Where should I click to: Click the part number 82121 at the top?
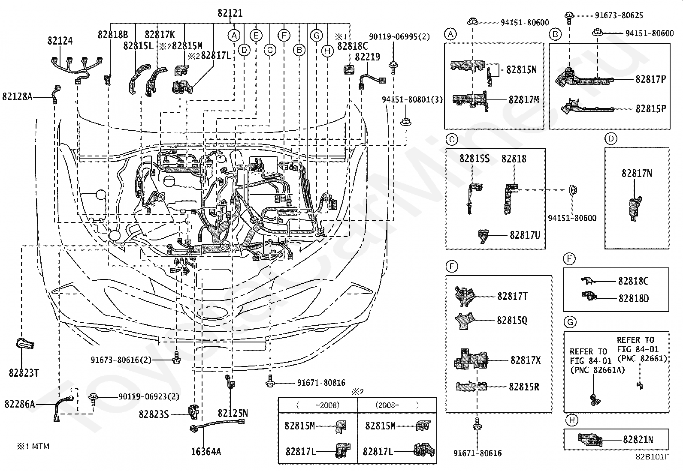click(x=230, y=13)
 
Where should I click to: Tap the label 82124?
click(x=60, y=41)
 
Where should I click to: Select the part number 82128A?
click(x=17, y=97)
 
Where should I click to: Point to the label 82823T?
click(x=24, y=373)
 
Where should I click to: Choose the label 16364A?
click(x=206, y=451)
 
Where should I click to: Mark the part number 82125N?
click(x=233, y=413)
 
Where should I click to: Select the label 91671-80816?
click(x=321, y=383)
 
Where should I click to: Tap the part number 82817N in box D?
click(x=637, y=174)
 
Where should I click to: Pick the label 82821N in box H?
click(x=638, y=439)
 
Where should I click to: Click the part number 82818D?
click(x=633, y=298)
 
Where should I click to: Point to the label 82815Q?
click(x=512, y=320)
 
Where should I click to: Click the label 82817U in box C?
click(x=525, y=235)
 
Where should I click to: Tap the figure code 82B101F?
click(x=653, y=456)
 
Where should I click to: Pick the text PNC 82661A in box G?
click(x=591, y=370)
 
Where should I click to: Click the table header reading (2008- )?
click(x=397, y=405)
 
